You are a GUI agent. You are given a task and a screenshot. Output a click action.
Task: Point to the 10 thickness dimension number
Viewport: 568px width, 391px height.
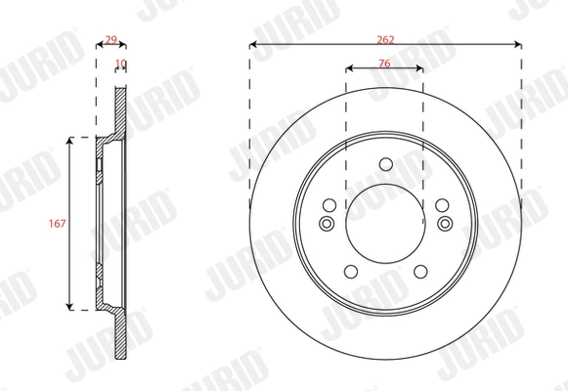[121, 65]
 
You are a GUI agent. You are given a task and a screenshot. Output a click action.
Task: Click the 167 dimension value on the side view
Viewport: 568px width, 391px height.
[56, 224]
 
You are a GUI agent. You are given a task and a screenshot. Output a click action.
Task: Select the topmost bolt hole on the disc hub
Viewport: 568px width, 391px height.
[385, 163]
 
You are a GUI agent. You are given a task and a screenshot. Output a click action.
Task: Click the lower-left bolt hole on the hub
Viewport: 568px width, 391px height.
[350, 273]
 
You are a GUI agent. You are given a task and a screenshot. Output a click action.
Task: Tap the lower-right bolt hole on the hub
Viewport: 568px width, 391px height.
[421, 273]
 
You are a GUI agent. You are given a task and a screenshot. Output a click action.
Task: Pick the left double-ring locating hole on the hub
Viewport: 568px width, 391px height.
[328, 224]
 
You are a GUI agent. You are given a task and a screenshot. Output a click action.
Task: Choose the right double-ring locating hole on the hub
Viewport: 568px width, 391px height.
[444, 224]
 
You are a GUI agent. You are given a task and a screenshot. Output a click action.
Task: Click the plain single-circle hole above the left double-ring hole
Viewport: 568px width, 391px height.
[328, 204]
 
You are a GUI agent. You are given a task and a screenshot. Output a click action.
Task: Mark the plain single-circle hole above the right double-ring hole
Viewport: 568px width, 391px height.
[442, 204]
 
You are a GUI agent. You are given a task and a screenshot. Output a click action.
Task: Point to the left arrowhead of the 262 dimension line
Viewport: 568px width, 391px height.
[253, 43]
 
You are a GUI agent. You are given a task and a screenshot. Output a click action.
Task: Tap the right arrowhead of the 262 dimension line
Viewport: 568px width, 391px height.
[517, 43]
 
